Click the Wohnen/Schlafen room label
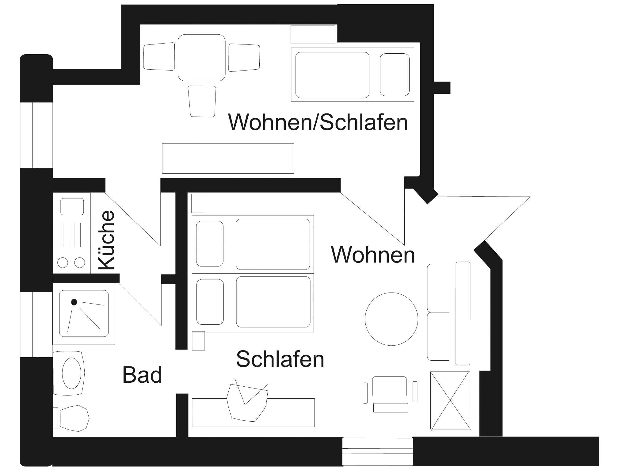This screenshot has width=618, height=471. pos(318,122)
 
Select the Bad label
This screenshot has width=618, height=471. pos(142,375)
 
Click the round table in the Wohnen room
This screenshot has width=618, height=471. pos(391,319)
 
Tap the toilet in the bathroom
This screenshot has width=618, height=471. pos(74,418)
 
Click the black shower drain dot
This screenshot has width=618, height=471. pos(74,302)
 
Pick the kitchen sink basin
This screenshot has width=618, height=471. pos(72,206)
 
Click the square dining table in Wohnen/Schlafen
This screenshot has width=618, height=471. pos(201,58)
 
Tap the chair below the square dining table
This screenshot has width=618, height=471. pos(202,101)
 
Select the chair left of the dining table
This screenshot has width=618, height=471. pos(159,57)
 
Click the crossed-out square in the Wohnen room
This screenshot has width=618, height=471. pos(450,400)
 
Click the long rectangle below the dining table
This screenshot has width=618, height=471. pos(228,158)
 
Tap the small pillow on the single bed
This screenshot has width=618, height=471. pos(395,75)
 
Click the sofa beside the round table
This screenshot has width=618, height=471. pos(448,313)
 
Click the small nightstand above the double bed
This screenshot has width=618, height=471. pos(197,203)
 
